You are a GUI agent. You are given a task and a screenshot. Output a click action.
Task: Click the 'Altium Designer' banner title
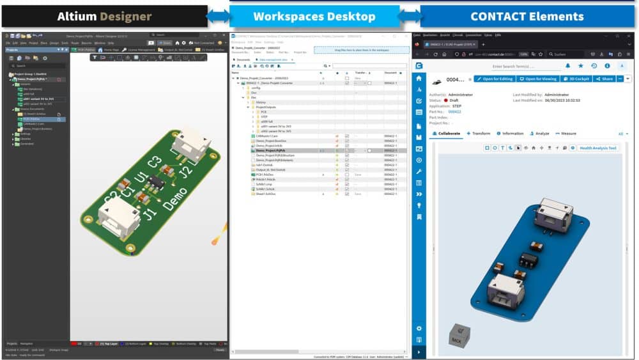(104, 16)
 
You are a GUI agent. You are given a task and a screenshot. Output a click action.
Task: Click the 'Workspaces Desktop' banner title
(314, 16)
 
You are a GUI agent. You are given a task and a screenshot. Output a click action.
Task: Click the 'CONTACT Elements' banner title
(527, 16)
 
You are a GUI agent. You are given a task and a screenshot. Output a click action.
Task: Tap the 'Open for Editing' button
(495, 79)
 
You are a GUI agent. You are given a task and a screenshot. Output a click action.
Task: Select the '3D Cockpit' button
(576, 79)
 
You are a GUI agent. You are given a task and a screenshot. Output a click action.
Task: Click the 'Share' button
(604, 79)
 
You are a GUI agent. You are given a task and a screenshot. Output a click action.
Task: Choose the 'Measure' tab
(565, 134)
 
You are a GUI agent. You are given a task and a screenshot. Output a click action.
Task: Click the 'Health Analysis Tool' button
(598, 148)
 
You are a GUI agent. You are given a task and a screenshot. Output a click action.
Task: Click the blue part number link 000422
(454, 111)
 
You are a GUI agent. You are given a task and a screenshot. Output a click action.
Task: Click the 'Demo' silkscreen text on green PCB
(174, 195)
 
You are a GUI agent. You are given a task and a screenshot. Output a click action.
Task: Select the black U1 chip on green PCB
(155, 184)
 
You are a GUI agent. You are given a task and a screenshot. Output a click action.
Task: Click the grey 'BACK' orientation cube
(458, 335)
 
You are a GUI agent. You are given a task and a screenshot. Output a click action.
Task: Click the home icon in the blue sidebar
(419, 78)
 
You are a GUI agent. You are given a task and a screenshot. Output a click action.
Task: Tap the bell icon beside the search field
(567, 65)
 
